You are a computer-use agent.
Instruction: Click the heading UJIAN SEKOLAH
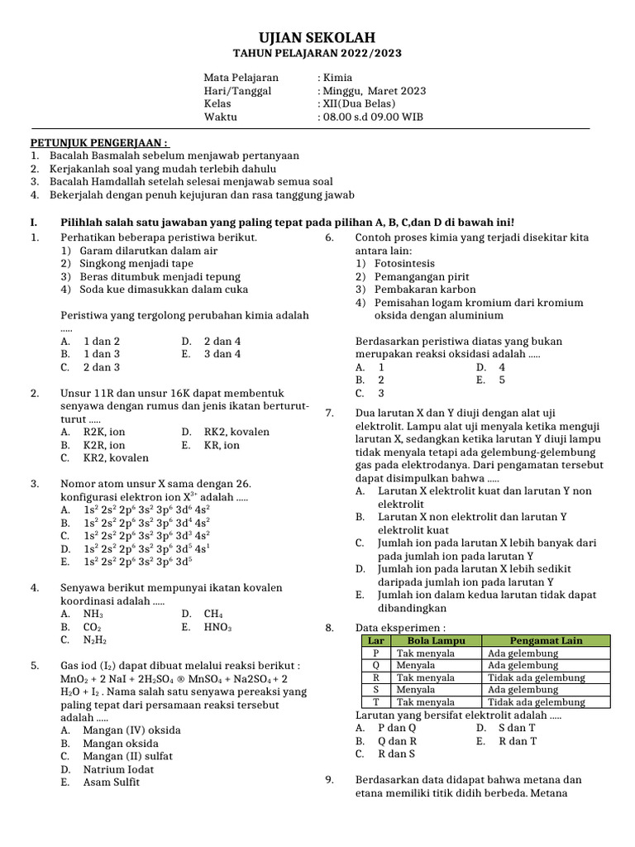click(317, 38)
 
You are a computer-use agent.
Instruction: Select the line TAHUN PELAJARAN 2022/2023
click(317, 54)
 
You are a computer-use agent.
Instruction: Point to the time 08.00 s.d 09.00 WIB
click(373, 117)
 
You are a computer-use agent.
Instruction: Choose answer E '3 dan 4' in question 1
click(222, 354)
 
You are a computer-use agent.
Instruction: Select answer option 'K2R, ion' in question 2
click(104, 444)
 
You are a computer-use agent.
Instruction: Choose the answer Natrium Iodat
click(118, 768)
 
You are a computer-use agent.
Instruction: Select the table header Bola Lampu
click(437, 640)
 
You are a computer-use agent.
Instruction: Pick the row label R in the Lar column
click(375, 677)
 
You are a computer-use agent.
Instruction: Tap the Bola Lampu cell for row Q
click(416, 665)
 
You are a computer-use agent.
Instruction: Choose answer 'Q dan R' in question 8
click(397, 741)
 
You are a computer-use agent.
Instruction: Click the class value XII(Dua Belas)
click(358, 103)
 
